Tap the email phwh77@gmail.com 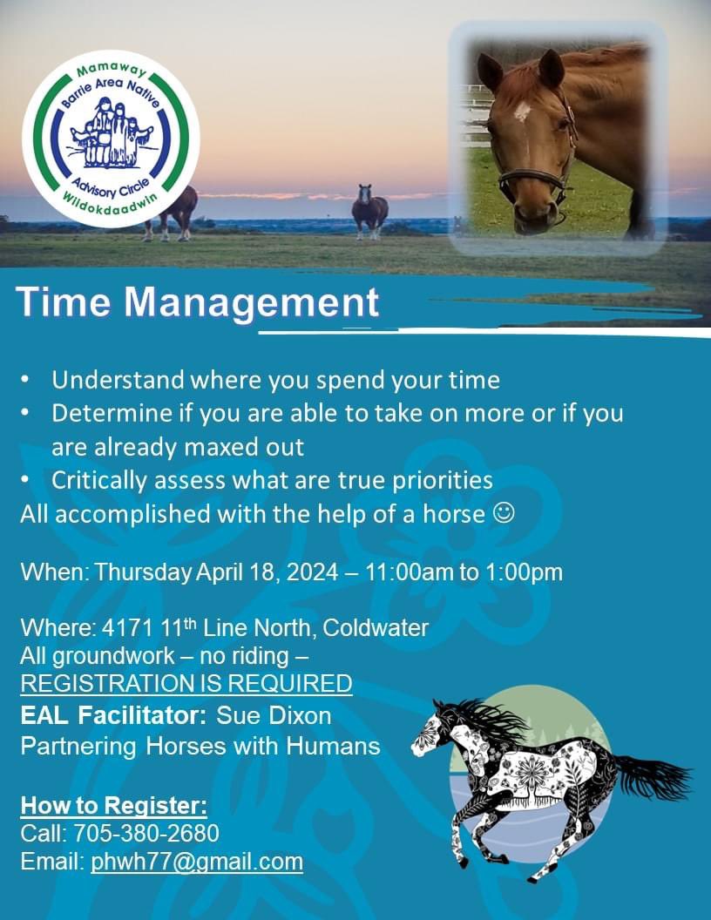coord(197,862)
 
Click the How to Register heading coord(113,804)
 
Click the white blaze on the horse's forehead coord(522,111)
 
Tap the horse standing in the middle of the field coord(369,212)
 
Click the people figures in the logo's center coord(111,133)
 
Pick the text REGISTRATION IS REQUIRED coord(186,683)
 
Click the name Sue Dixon coord(273,716)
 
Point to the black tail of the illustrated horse coord(655,775)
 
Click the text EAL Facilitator coord(113,716)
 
